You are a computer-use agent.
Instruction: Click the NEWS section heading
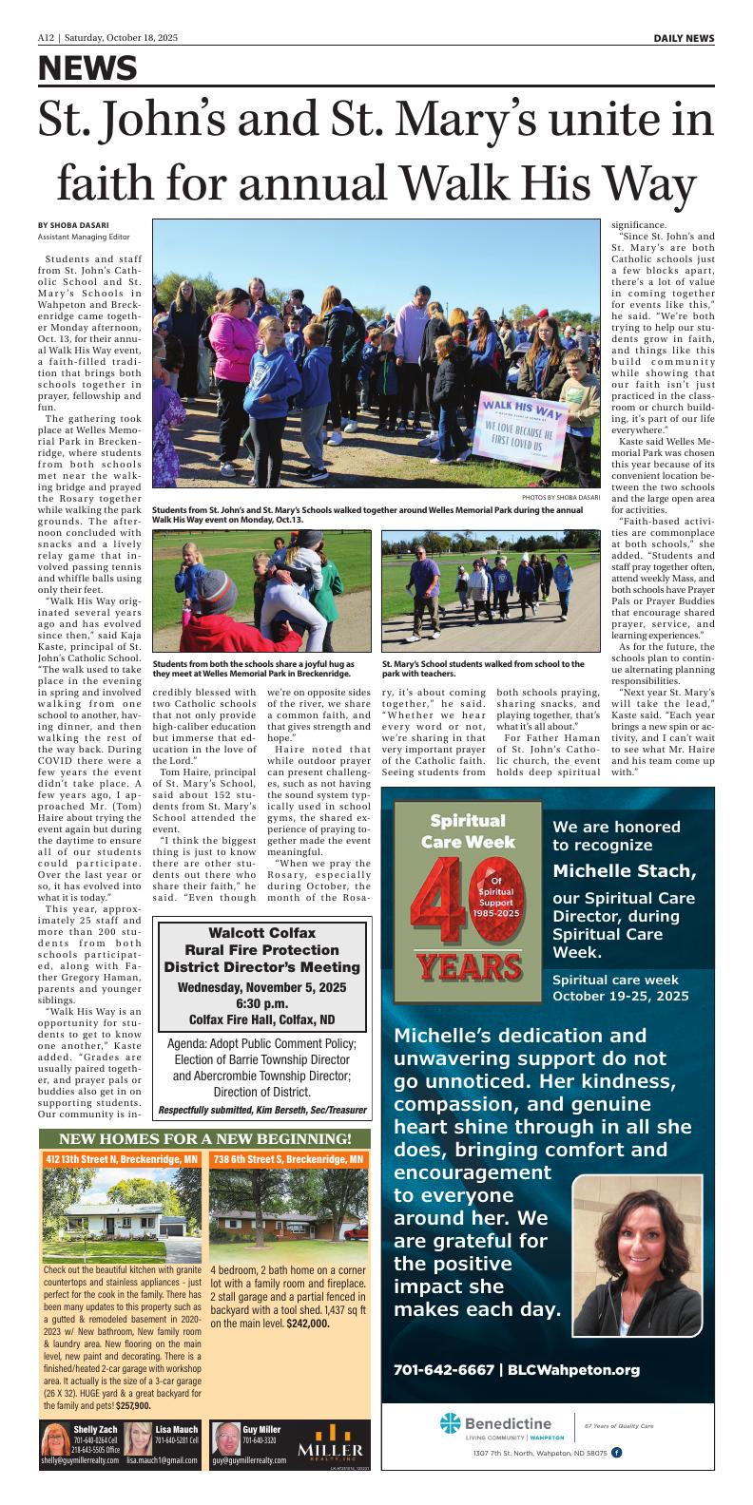(x=87, y=68)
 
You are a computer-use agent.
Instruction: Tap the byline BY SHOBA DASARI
(x=73, y=224)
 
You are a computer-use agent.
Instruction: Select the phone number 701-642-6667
(x=443, y=1370)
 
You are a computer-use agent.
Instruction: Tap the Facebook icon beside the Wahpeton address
(x=616, y=1453)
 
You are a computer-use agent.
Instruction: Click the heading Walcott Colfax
(x=261, y=933)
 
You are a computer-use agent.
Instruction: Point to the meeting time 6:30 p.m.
(x=261, y=1003)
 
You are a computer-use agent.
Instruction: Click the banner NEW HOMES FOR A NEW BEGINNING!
(x=205, y=1138)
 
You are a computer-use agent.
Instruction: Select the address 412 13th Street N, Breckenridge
(x=122, y=1159)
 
